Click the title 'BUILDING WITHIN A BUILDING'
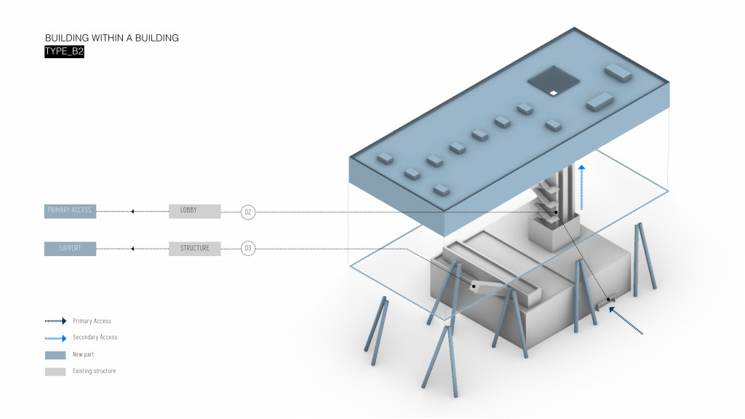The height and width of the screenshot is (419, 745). [111, 38]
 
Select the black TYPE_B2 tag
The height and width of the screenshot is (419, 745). [64, 52]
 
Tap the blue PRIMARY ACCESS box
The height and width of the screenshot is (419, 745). [70, 211]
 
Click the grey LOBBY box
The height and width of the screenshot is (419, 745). [194, 211]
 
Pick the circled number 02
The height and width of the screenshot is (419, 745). [248, 212]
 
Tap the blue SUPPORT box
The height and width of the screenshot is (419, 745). [70, 249]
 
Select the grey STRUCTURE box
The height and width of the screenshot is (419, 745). [194, 249]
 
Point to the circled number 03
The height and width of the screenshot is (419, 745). [248, 249]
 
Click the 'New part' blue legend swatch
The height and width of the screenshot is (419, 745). [55, 355]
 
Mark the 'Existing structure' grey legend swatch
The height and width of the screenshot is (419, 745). [55, 372]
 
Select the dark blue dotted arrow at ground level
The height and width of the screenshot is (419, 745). [626, 322]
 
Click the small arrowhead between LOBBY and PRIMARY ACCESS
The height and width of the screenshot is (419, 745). [132, 212]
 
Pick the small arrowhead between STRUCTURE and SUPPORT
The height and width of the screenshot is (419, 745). [132, 249]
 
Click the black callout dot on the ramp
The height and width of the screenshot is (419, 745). [474, 286]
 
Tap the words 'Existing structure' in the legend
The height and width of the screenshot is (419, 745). [94, 372]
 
